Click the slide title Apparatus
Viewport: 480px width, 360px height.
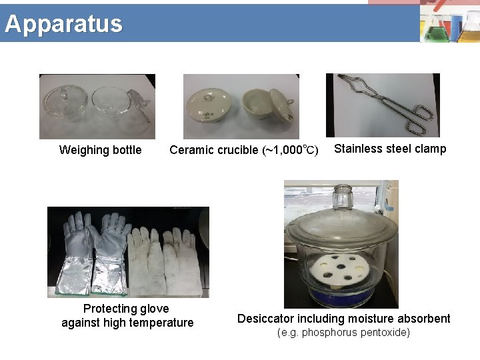[x=63, y=23]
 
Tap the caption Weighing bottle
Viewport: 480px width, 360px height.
[x=100, y=150]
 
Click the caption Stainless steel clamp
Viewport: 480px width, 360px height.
[x=390, y=149]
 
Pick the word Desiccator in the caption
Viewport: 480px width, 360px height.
[x=265, y=319]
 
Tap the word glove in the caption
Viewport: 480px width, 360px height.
[x=153, y=309]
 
